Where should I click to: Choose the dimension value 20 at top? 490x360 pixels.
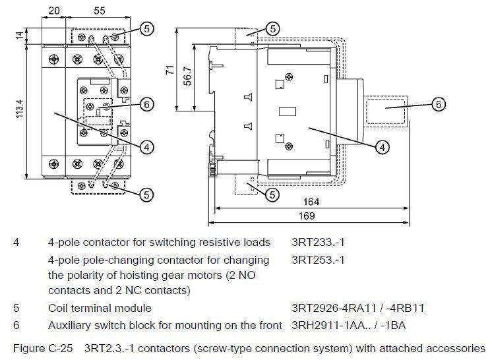tap(54, 10)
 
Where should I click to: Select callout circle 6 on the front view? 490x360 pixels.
tap(146, 104)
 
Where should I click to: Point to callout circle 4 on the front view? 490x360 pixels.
tap(147, 146)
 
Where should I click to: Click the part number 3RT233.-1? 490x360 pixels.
tap(318, 242)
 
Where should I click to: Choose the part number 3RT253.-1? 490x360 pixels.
tap(318, 260)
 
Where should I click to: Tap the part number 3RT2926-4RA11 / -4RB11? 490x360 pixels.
tap(357, 307)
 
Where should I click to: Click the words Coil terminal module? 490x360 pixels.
tap(100, 307)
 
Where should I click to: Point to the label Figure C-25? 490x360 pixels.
tap(40, 347)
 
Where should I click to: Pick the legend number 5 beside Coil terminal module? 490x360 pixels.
tap(17, 307)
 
